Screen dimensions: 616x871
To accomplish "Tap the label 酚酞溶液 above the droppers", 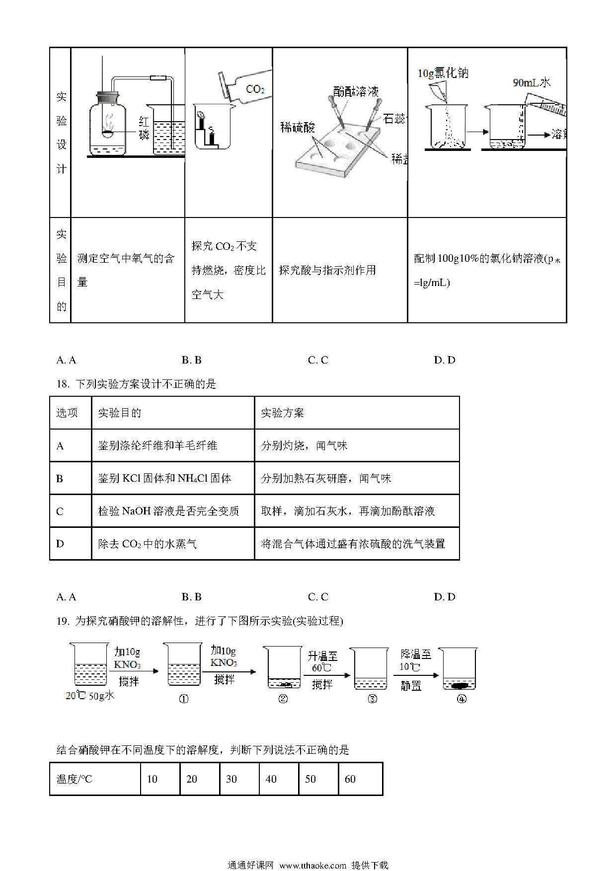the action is point(356,91).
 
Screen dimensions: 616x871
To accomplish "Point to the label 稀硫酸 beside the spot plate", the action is point(298,128).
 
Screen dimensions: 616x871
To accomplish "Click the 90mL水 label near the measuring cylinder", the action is point(532,82).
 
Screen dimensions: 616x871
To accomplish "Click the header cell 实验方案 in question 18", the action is point(357,413).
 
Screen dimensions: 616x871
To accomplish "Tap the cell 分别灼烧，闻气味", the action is point(357,445).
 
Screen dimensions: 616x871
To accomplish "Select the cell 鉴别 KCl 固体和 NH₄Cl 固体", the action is point(173,478).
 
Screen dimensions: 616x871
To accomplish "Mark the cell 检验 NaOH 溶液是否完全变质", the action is point(173,511).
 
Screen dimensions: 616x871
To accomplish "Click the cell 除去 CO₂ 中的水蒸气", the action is point(173,544).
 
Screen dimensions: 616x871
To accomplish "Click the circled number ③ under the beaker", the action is point(372,699).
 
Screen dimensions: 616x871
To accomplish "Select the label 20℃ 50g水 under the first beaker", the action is point(90,695).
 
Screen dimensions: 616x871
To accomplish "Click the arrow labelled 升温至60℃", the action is point(325,675).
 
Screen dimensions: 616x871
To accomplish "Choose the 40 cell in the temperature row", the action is point(279,779).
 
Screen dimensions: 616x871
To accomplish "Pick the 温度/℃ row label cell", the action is point(95,779).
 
